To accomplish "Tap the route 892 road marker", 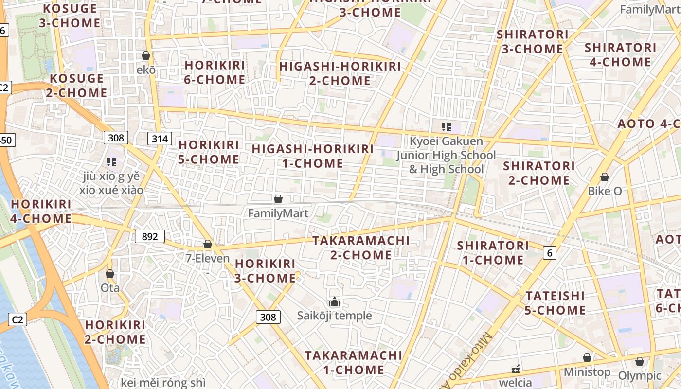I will point(150,237).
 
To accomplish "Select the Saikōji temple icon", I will point(335,302).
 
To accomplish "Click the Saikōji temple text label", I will point(335,316).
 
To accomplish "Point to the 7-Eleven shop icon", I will point(208,244).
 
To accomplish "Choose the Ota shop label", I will point(110,288).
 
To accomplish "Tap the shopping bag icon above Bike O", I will point(605,177).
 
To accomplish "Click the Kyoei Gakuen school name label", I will point(446,155).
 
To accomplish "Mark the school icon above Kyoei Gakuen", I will point(446,127).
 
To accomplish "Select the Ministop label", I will point(587,372).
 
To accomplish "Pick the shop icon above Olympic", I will point(640,361).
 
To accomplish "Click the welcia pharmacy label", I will point(516,383).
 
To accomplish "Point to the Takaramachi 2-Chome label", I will point(361,248).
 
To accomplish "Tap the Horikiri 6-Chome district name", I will point(215,72).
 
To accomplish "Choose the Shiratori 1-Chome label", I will point(493,252).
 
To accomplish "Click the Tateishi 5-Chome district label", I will point(555,302).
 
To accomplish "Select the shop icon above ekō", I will point(145,55).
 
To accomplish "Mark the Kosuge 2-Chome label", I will point(77,86).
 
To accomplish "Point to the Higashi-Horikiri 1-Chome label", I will point(313,156).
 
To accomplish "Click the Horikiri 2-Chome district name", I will point(115,332).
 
